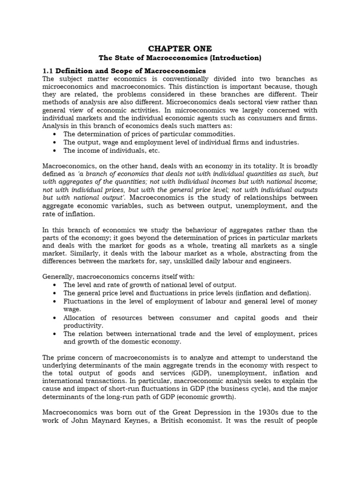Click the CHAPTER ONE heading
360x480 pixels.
(x=180, y=49)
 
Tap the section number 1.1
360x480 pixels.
(x=48, y=70)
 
